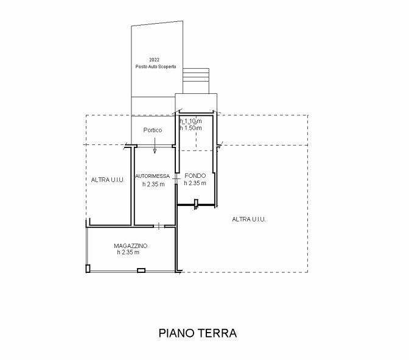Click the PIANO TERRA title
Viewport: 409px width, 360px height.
pyautogui.click(x=198, y=333)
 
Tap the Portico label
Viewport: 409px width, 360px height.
pyautogui.click(x=153, y=130)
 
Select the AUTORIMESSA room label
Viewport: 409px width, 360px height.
pyautogui.click(x=152, y=176)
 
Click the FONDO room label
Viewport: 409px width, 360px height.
pyautogui.click(x=195, y=175)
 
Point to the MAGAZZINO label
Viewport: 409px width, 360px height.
pyautogui.click(x=130, y=245)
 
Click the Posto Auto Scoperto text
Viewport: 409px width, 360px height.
pyautogui.click(x=156, y=66)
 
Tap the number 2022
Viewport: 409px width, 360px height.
pyautogui.click(x=154, y=60)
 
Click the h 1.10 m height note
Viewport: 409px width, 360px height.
pyautogui.click(x=191, y=121)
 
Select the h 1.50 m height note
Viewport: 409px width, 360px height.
pyautogui.click(x=191, y=128)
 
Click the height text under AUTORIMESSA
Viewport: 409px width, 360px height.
pyautogui.click(x=153, y=184)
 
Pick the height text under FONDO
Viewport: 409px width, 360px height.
pyautogui.click(x=195, y=183)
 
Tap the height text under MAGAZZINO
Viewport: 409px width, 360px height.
pyautogui.click(x=128, y=252)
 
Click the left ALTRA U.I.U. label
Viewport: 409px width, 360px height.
pyautogui.click(x=108, y=180)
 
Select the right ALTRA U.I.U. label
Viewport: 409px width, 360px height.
pyautogui.click(x=249, y=219)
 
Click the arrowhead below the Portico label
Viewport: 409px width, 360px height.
pyautogui.click(x=155, y=151)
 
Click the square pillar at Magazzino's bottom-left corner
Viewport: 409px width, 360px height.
pyautogui.click(x=88, y=269)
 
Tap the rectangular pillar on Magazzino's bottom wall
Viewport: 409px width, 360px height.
pyautogui.click(x=141, y=270)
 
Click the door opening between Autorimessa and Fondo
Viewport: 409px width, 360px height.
pyautogui.click(x=177, y=178)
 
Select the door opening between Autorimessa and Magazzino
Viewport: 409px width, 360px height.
pyautogui.click(x=159, y=226)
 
